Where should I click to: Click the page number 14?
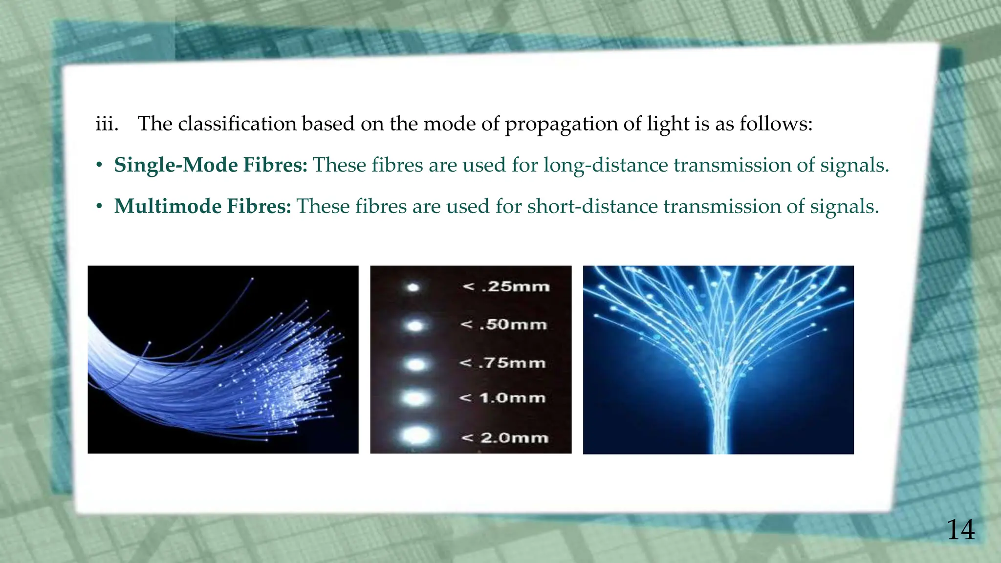[960, 530]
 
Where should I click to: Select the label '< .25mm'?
[506, 286]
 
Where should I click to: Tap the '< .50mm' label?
[503, 325]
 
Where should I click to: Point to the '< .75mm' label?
[502, 363]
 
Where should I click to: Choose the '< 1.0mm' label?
[502, 398]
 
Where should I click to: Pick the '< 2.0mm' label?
[504, 437]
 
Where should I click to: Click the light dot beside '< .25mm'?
[413, 287]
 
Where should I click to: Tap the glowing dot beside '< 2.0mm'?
[416, 435]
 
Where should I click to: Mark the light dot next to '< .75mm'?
[415, 364]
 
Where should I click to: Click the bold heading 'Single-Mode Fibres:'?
[211, 165]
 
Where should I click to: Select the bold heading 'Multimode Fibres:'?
[202, 206]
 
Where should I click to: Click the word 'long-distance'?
[606, 165]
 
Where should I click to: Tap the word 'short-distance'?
[592, 206]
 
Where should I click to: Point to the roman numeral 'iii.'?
[107, 124]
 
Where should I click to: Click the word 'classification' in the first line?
[237, 124]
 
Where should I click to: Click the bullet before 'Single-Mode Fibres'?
[99, 166]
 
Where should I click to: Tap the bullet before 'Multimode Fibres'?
[99, 207]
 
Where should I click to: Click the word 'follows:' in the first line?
[776, 124]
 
